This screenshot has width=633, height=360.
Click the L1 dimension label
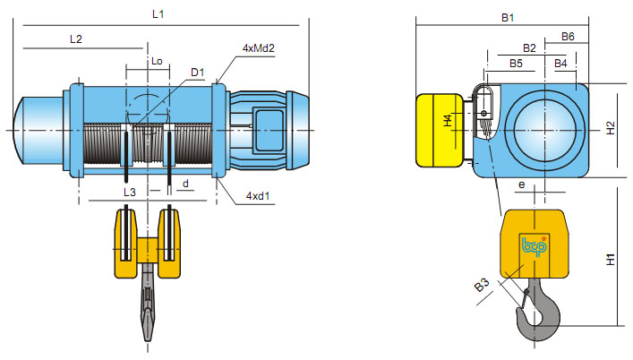(158, 15)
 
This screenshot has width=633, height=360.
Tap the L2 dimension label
(75, 39)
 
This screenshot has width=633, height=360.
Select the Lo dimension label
(157, 62)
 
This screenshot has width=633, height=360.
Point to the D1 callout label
(198, 72)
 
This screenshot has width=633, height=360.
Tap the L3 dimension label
(129, 193)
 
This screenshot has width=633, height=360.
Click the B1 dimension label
(507, 17)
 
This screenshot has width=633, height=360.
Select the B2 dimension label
(529, 47)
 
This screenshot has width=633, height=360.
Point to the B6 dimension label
(568, 37)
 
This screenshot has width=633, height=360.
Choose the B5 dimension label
(517, 64)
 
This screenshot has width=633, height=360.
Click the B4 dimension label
(560, 64)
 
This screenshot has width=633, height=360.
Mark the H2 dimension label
(611, 127)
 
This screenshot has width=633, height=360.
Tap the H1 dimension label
(611, 260)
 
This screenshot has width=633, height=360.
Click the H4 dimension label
(449, 121)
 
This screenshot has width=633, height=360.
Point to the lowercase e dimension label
(520, 184)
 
